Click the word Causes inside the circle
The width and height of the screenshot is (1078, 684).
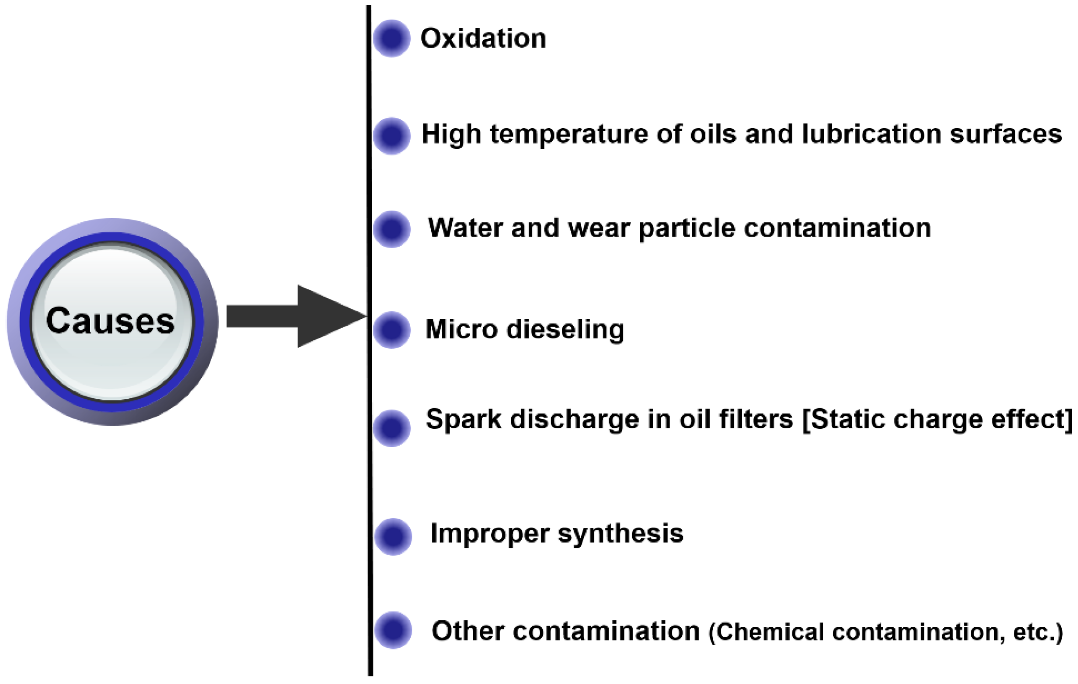110,321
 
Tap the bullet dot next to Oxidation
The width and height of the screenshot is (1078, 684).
392,38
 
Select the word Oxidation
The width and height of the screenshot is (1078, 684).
483,38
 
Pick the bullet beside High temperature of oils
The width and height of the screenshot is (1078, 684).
392,136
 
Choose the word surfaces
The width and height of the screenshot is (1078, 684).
1006,134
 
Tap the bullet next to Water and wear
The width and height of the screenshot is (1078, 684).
392,229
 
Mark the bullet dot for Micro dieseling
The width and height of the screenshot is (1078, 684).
392,330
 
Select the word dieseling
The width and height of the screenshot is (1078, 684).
565,329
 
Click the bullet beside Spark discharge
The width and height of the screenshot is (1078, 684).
392,428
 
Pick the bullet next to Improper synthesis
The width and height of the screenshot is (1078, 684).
393,536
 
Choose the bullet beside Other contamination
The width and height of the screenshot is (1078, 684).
393,630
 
